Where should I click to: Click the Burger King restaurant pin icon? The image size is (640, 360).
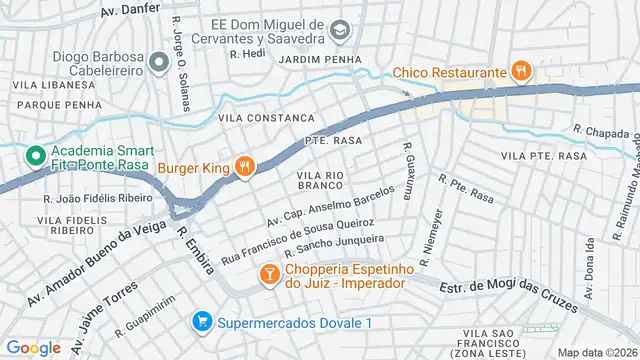[244, 167]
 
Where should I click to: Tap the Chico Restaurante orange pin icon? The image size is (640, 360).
[519, 71]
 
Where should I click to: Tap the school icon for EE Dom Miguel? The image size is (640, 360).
[341, 31]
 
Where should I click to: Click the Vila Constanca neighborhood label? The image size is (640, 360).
[259, 118]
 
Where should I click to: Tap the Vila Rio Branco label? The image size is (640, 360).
[320, 180]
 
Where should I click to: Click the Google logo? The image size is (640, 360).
[33, 347]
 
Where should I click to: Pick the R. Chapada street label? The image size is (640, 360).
[599, 130]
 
